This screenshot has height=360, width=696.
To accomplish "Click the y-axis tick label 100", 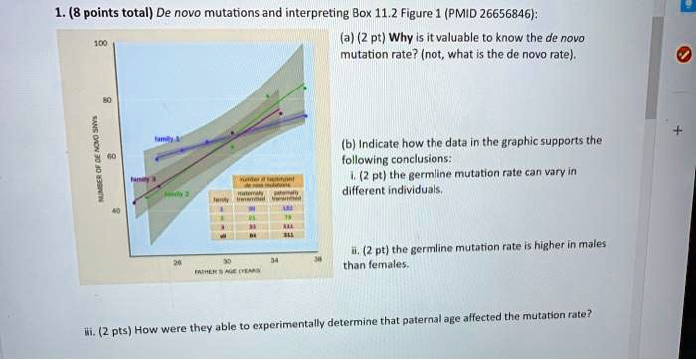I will click(x=100, y=44).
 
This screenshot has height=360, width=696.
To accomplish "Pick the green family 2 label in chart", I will click(x=176, y=194).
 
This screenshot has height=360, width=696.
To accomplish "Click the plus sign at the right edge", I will click(x=677, y=130).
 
